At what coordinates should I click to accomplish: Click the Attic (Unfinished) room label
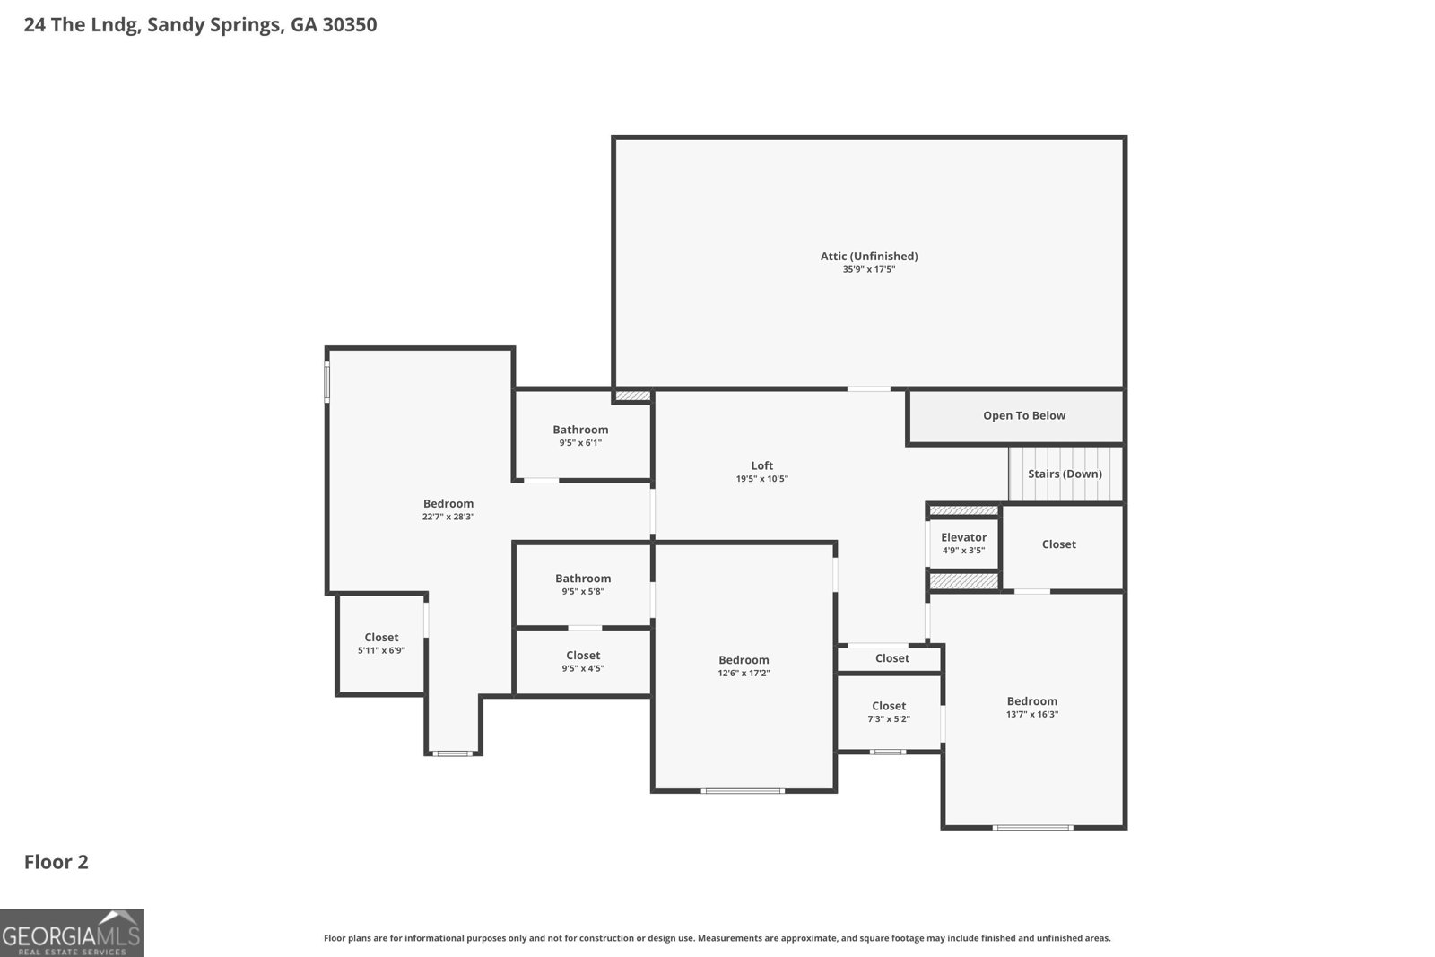tap(869, 257)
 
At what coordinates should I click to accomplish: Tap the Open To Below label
tap(1023, 416)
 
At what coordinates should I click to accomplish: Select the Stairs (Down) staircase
tap(1065, 474)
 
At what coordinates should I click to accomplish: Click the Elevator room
tap(963, 544)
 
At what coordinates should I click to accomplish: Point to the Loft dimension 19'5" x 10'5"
tap(761, 479)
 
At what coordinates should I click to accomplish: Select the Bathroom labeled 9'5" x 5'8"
tap(582, 584)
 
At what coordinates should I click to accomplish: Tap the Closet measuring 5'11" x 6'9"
tap(381, 643)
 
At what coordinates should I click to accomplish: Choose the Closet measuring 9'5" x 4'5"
tap(582, 661)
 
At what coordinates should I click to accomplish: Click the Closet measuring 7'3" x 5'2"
tap(889, 711)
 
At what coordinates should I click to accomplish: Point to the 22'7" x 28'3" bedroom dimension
tap(448, 517)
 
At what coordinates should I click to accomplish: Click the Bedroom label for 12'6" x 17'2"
tap(744, 660)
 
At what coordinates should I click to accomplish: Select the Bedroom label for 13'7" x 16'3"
tap(1031, 700)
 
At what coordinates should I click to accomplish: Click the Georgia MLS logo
tap(71, 933)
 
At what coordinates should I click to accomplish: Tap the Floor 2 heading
tap(57, 862)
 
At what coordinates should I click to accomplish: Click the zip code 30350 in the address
tap(349, 24)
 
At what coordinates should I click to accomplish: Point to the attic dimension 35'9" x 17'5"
tap(869, 270)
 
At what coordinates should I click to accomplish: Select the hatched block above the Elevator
tap(963, 510)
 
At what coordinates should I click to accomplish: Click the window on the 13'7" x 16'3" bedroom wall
tap(1032, 828)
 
